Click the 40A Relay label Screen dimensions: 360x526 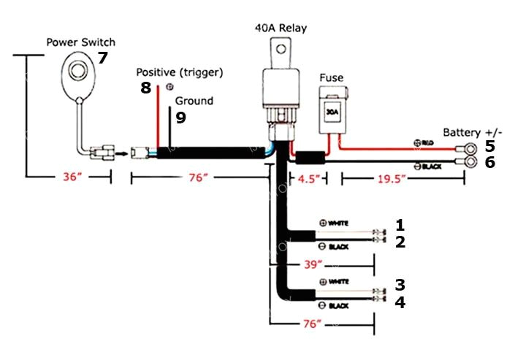281,28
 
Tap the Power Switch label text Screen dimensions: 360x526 81,42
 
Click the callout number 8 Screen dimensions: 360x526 146,88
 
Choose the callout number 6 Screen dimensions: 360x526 490,162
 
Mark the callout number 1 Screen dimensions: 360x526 400,224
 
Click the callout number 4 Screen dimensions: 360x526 400,302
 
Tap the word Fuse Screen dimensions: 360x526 332,78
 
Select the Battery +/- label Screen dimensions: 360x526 473,132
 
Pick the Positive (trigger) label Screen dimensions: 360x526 180,72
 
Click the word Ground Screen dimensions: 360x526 194,101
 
